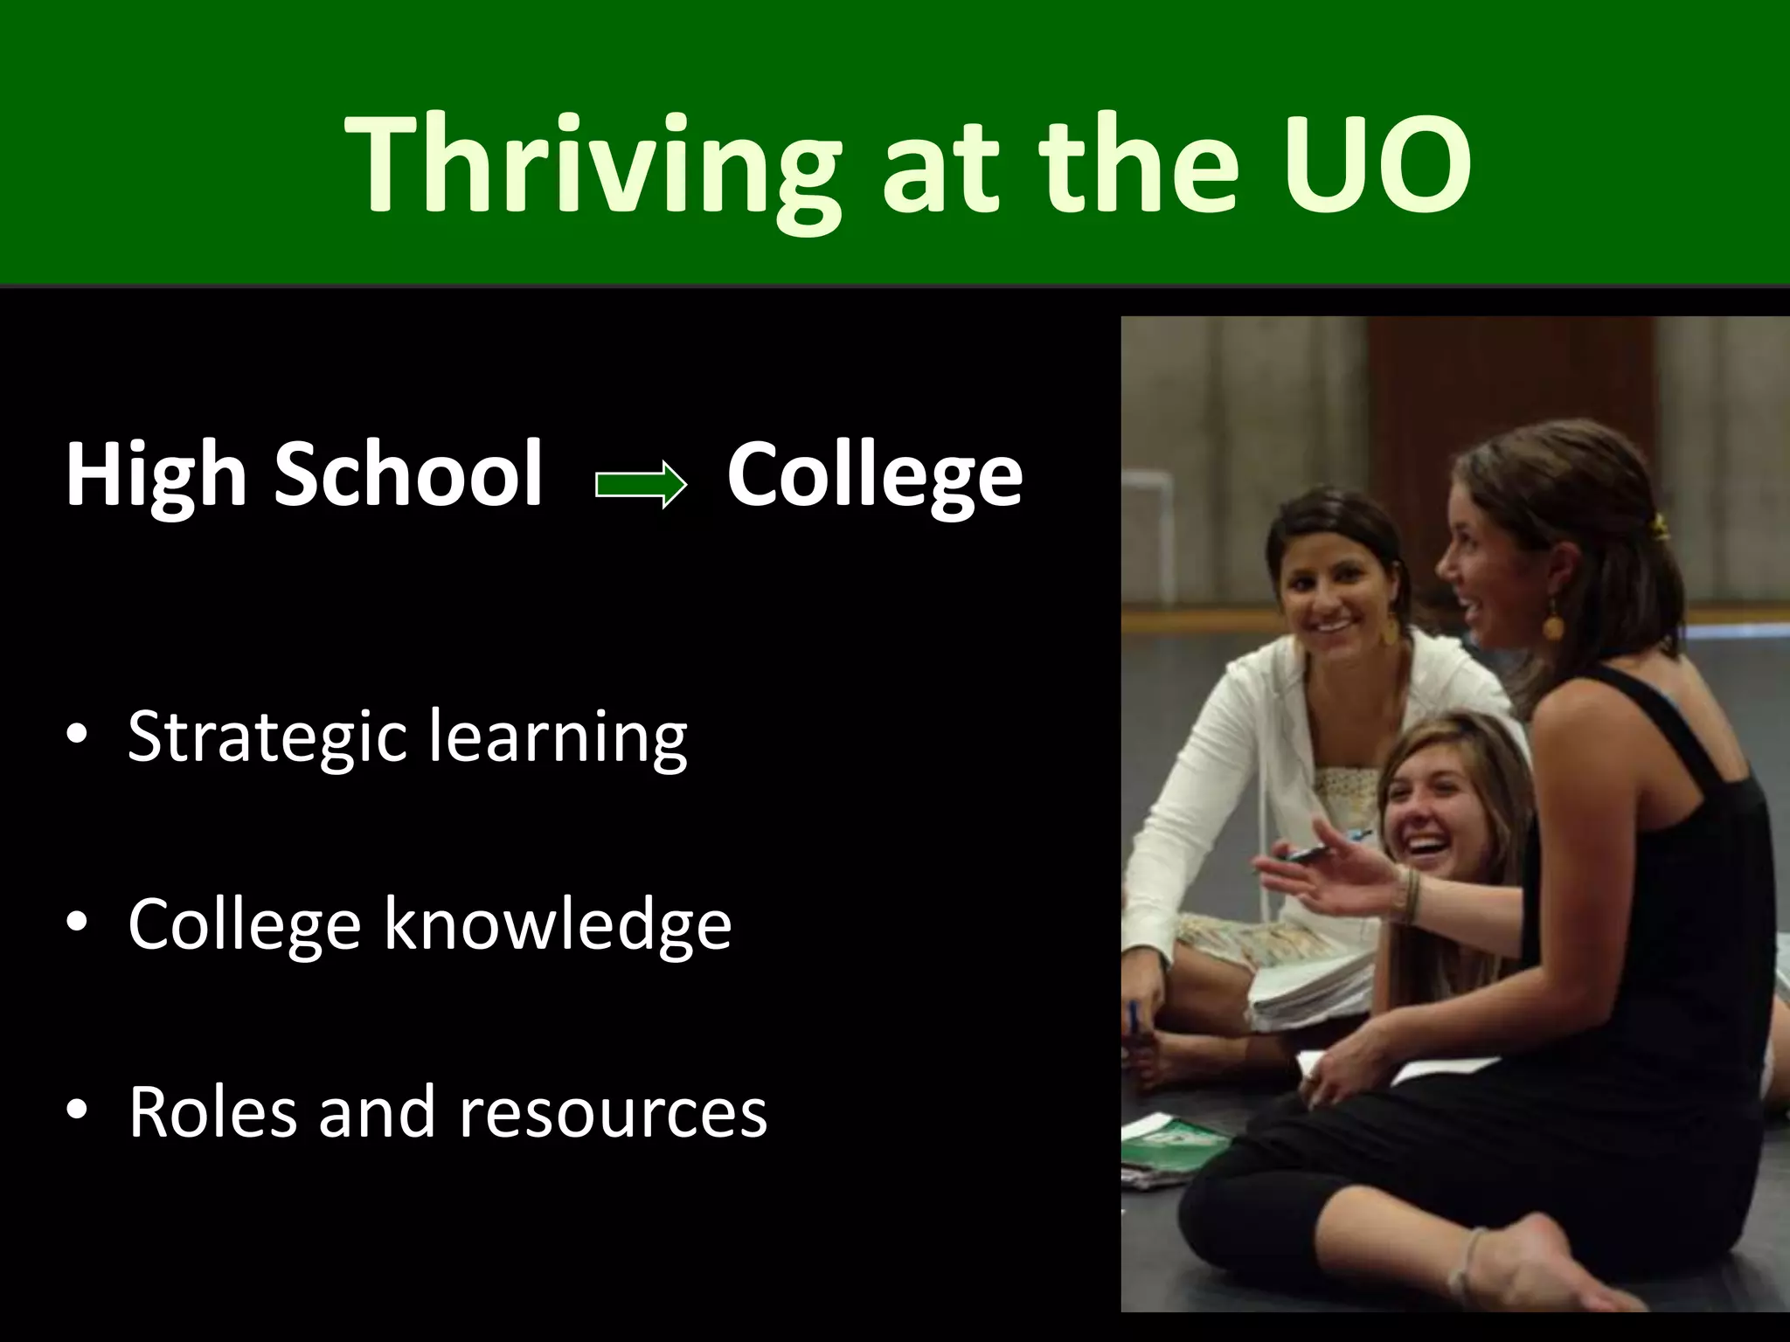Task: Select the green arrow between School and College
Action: point(641,483)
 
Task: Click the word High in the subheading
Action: point(156,474)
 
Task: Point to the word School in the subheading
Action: point(408,474)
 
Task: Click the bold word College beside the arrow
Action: point(874,474)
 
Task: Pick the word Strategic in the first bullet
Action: point(267,737)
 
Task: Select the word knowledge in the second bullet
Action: point(558,924)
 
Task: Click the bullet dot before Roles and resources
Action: point(77,1110)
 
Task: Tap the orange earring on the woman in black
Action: point(1552,625)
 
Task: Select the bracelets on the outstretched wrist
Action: point(1409,896)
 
